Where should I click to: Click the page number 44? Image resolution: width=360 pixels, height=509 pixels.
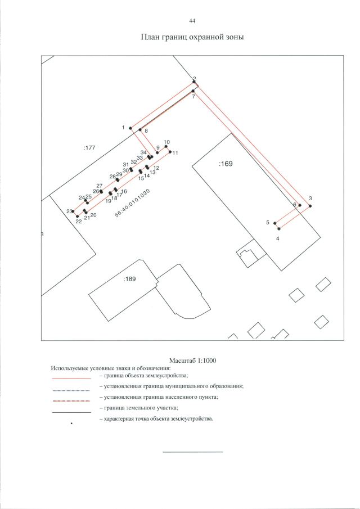192,21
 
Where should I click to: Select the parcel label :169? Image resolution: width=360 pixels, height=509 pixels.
225,164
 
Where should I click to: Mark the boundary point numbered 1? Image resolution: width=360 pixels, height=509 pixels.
130,128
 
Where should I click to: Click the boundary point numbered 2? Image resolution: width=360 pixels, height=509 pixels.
193,82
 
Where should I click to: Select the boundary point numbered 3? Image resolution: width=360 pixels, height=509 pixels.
309,206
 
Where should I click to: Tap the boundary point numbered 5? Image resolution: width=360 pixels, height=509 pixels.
275,224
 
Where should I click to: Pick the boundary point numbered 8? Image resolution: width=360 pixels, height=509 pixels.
140,130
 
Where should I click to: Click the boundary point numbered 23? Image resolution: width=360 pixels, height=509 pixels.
73,211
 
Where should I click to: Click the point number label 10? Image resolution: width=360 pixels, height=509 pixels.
166,142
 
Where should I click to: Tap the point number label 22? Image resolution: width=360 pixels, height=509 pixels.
79,222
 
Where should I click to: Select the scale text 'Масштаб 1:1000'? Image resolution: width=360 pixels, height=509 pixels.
192,360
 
